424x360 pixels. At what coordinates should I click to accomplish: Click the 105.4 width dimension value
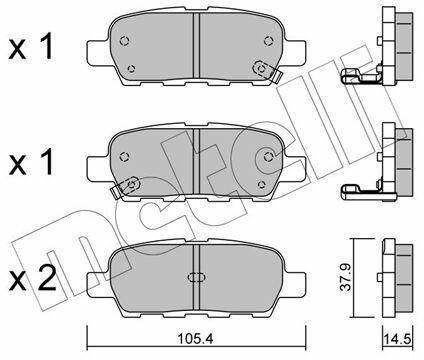[195, 339]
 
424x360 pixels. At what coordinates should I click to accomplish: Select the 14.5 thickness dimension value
[397, 339]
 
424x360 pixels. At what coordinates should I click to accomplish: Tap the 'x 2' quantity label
[33, 279]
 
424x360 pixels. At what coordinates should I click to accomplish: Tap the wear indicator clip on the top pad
[266, 70]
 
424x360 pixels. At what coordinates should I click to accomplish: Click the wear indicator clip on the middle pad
[126, 187]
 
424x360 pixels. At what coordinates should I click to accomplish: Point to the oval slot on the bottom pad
[196, 277]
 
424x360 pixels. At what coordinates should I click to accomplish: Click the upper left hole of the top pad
[124, 41]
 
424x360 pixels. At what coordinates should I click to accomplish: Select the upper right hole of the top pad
[268, 41]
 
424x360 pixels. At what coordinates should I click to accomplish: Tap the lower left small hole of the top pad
[131, 69]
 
